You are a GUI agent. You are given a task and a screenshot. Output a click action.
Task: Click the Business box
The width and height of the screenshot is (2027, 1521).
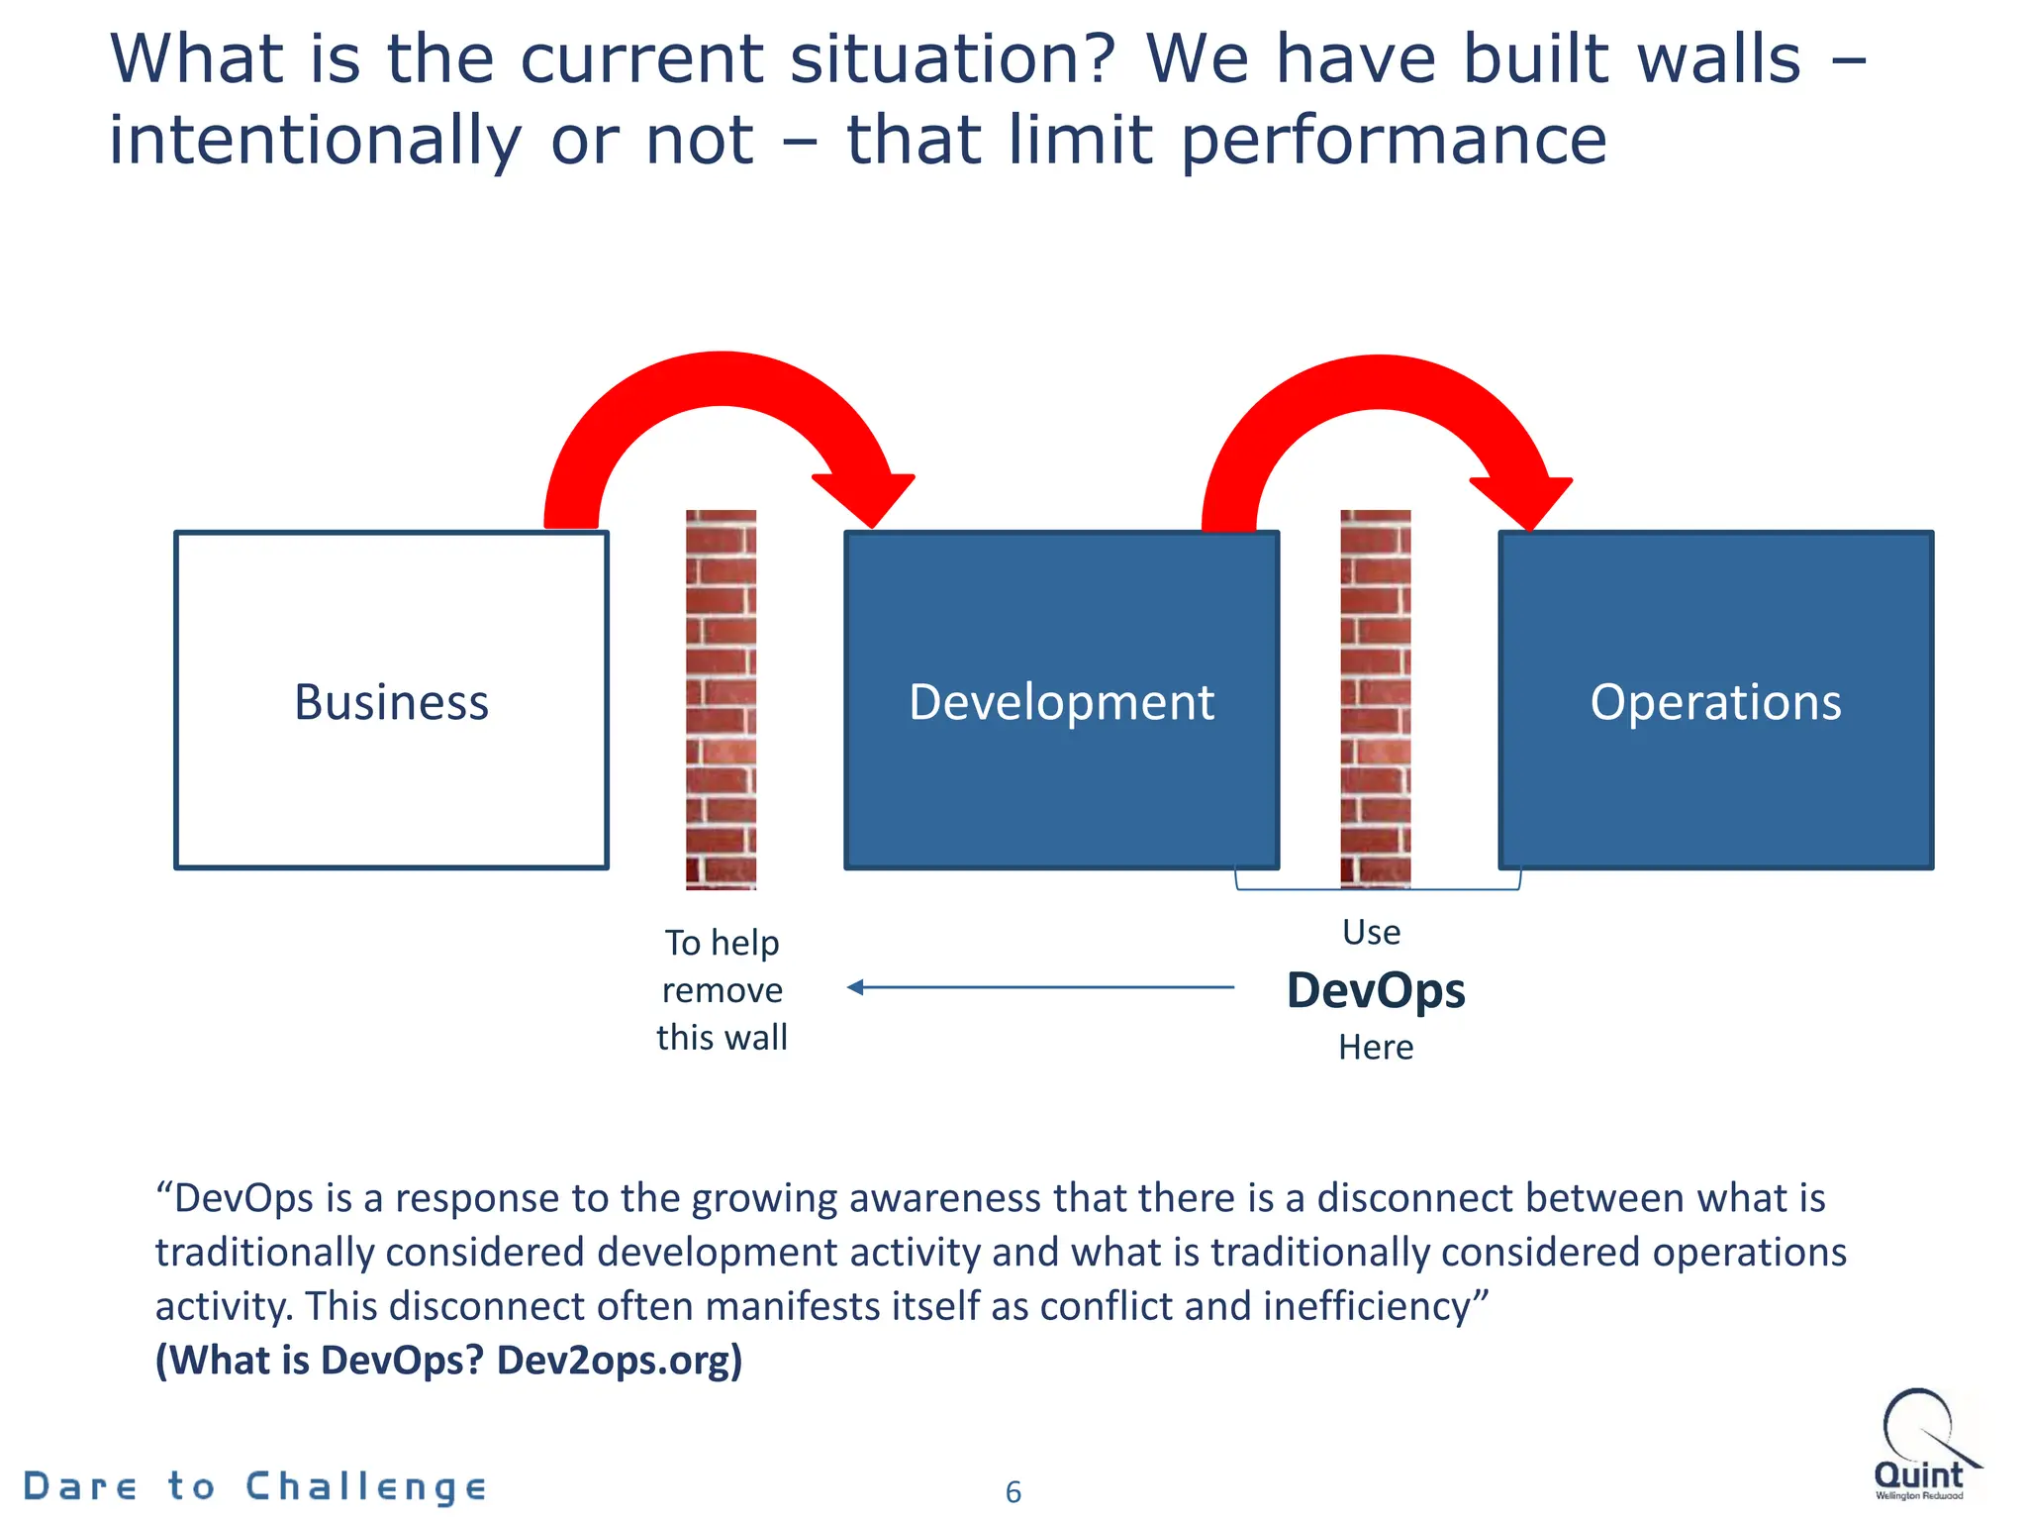pos(391,700)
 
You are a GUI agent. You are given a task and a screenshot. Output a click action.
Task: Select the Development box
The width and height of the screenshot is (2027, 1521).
pos(1061,700)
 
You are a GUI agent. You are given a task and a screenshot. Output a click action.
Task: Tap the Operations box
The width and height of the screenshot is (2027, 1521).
pos(1715,700)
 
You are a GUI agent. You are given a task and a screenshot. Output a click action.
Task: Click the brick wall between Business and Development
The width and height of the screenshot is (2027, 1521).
pos(721,699)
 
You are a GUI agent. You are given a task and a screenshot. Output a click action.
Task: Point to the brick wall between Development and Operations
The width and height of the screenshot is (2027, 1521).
pos(1375,699)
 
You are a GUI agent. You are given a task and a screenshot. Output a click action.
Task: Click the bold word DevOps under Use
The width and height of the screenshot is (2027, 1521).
pos(1376,990)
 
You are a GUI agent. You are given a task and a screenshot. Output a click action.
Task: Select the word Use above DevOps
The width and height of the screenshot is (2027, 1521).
pos(1371,932)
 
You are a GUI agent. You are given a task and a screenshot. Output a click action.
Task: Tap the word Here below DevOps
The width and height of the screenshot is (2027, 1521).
pos(1376,1047)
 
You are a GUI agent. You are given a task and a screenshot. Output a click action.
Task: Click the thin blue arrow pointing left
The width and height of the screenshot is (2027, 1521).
pos(1039,987)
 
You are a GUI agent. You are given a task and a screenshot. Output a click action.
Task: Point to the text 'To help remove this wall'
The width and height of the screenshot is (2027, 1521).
pos(723,989)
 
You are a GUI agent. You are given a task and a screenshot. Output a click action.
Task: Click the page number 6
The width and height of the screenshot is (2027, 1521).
pos(1013,1491)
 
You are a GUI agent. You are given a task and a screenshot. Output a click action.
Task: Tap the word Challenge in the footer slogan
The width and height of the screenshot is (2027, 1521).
pos(366,1486)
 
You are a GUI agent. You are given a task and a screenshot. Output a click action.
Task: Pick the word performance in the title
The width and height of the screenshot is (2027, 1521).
pos(1394,140)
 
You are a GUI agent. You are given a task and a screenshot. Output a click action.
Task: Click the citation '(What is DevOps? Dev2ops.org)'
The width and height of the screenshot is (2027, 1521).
pos(448,1360)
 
